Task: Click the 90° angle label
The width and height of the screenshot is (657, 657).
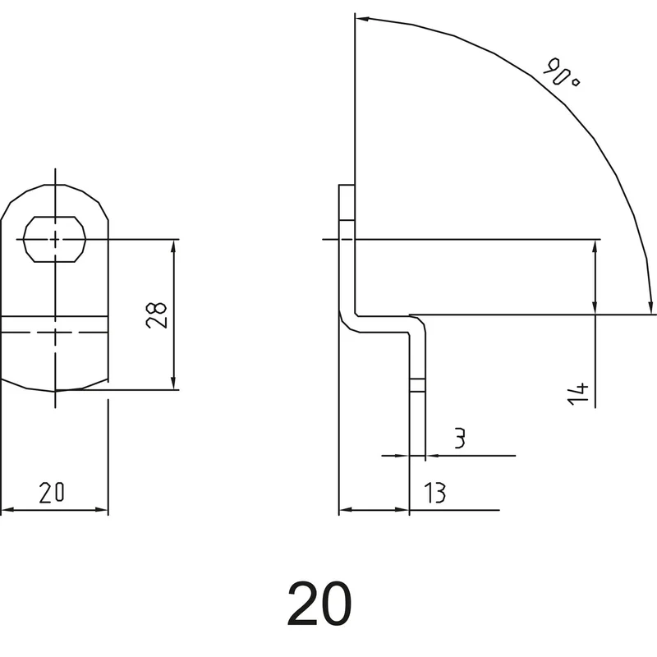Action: pos(561,71)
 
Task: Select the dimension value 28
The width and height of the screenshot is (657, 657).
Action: pos(156,315)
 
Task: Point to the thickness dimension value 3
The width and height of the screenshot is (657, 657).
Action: pos(460,439)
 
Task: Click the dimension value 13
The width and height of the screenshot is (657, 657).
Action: pos(435,492)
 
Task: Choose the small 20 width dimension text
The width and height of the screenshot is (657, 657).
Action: pos(52,492)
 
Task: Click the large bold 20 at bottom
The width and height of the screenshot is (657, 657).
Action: pos(319,604)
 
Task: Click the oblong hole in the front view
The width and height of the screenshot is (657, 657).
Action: pos(54,239)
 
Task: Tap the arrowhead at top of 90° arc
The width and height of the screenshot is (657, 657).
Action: pos(361,18)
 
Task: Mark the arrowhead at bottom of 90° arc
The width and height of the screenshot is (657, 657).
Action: pos(650,306)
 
